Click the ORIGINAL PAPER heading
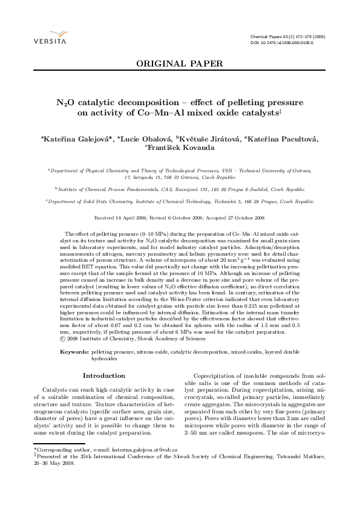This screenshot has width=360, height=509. point(180,63)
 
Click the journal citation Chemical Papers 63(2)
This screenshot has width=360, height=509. point(287,37)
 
